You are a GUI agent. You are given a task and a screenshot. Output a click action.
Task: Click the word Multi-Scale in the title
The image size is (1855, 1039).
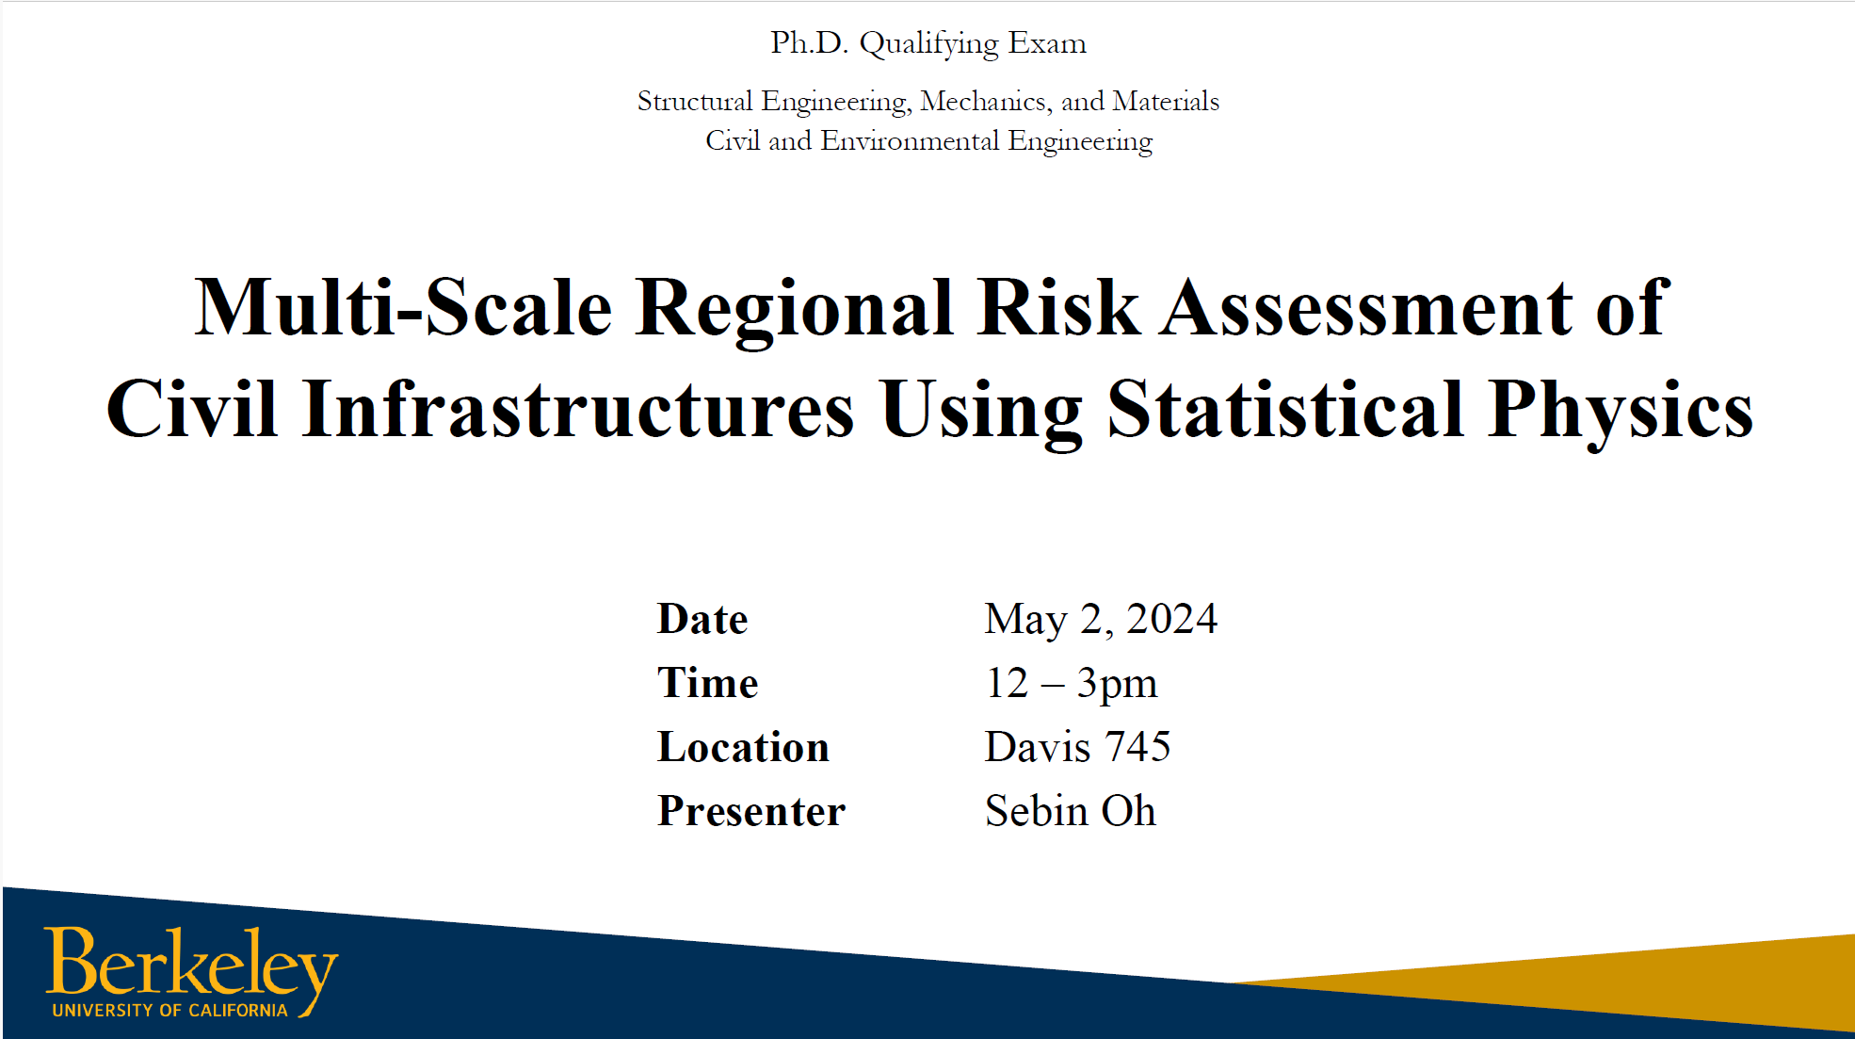403,307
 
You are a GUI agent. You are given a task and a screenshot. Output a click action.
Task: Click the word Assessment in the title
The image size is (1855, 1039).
1366,307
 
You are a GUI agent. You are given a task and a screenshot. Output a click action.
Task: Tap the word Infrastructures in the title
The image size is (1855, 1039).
578,409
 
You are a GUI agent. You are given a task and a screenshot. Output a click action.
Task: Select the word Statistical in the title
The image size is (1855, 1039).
1285,409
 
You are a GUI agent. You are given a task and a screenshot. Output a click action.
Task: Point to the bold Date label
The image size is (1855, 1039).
702,620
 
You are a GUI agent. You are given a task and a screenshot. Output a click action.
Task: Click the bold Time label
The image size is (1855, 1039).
707,683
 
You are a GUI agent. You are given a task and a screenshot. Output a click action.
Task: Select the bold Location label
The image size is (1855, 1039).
743,747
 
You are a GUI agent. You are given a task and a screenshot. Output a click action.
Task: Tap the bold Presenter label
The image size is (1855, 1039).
751,811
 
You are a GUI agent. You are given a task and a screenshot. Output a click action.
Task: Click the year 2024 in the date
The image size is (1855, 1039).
1171,620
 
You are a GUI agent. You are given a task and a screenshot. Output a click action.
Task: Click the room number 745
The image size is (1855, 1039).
1137,747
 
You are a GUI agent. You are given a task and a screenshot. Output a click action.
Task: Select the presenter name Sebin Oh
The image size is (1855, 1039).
1071,811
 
